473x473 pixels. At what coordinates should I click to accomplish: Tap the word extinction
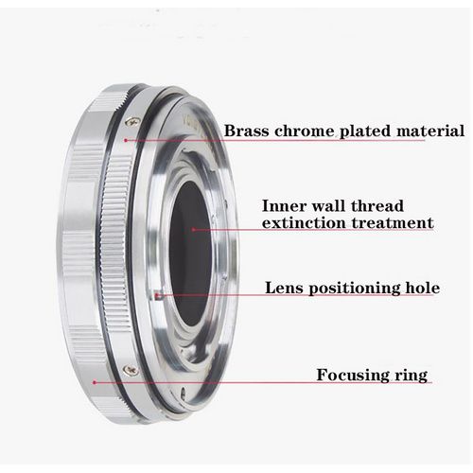point(304,223)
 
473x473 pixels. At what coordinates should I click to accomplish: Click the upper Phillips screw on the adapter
point(132,122)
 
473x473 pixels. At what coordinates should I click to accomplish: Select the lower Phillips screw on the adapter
point(131,370)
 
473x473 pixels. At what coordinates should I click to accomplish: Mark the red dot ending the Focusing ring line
point(95,382)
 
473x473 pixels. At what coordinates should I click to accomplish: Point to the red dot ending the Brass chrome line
point(126,140)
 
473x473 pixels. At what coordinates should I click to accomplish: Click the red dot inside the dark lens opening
point(193,230)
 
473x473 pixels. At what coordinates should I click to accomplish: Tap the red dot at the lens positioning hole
point(157,295)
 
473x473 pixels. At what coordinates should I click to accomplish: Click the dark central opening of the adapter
point(191,253)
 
